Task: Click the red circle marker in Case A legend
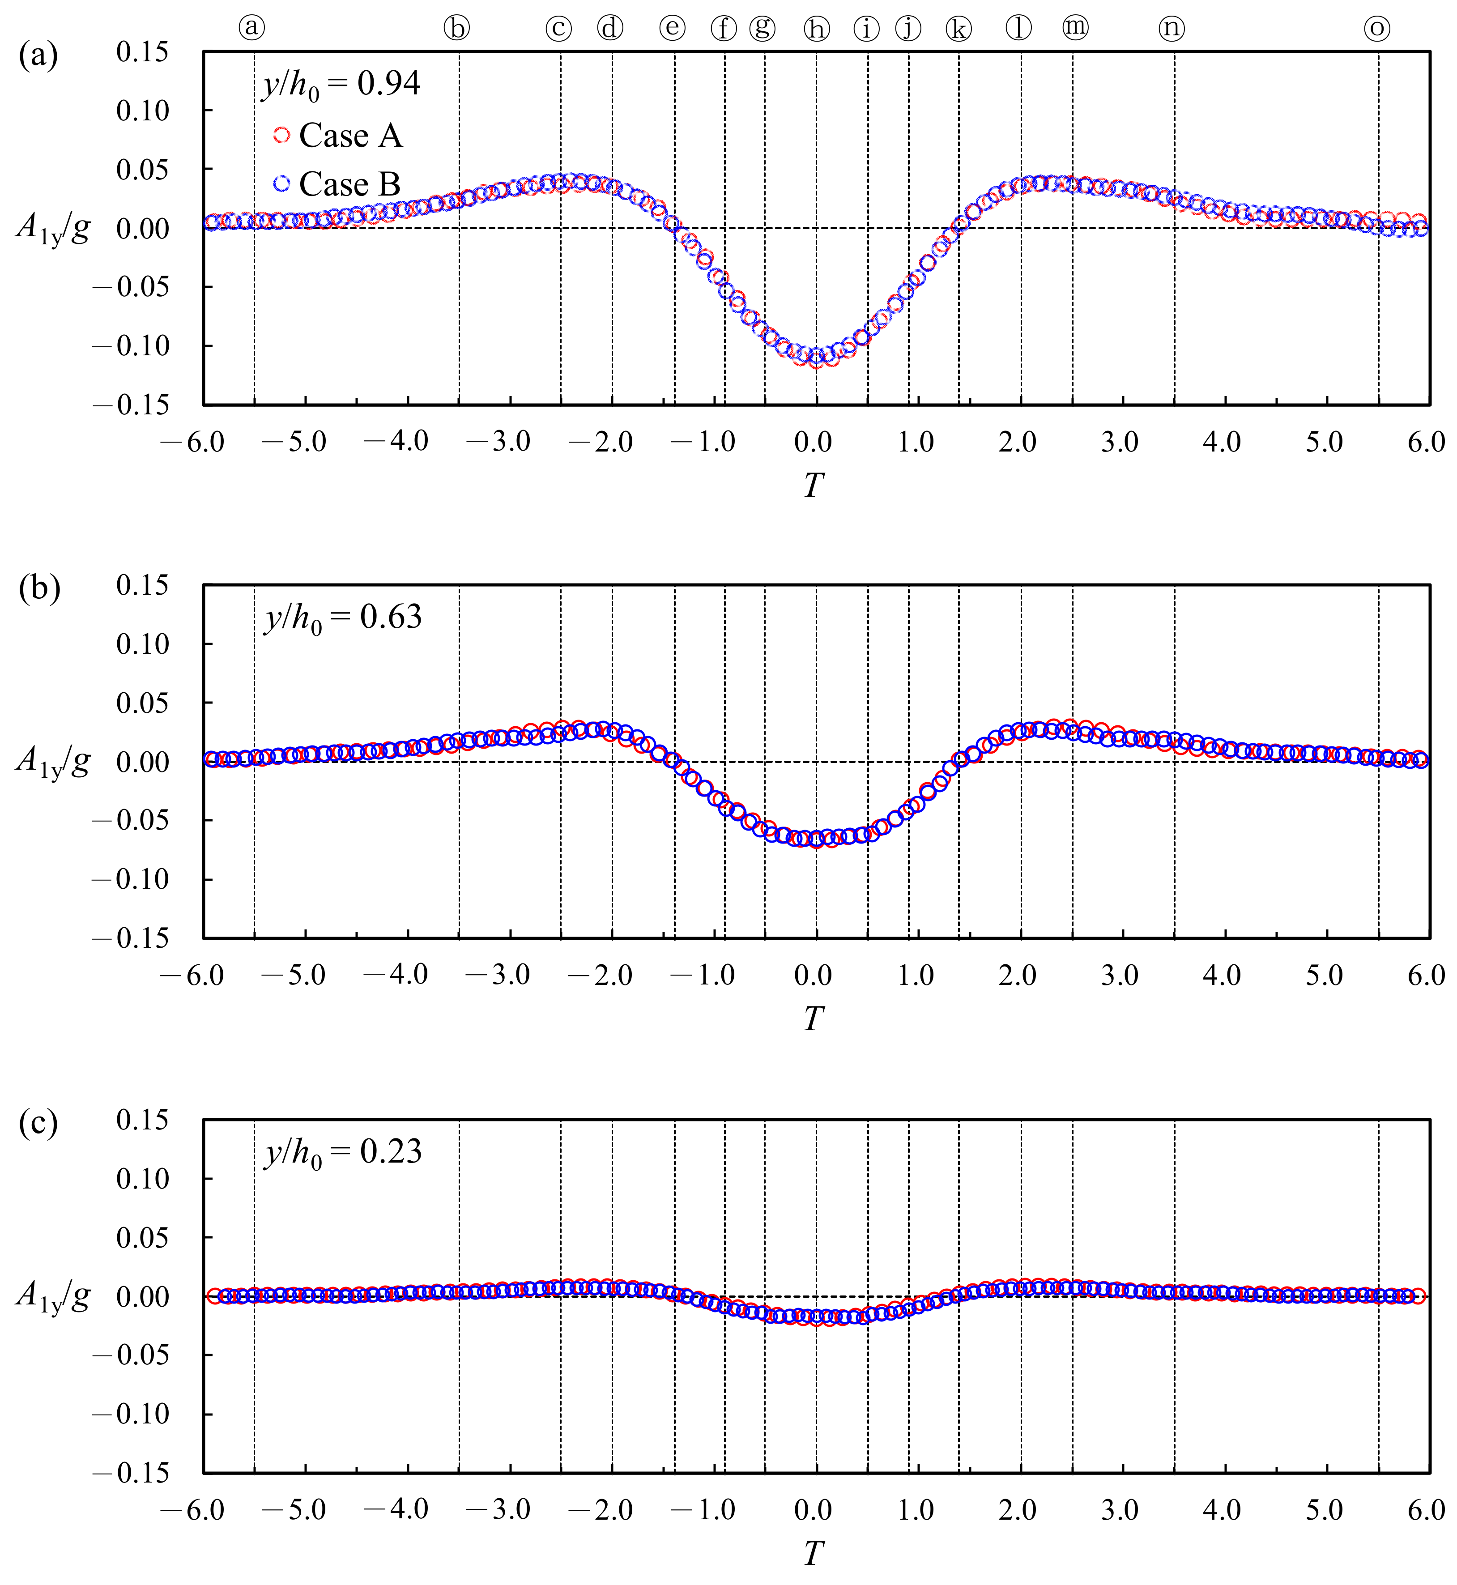(x=281, y=136)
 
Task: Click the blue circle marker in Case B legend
(x=281, y=184)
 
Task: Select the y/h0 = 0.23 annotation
(x=343, y=1153)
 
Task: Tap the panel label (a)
(x=38, y=57)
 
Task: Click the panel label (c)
(x=38, y=1124)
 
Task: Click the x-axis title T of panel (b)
(x=813, y=1020)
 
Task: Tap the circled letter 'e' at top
(x=672, y=28)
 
